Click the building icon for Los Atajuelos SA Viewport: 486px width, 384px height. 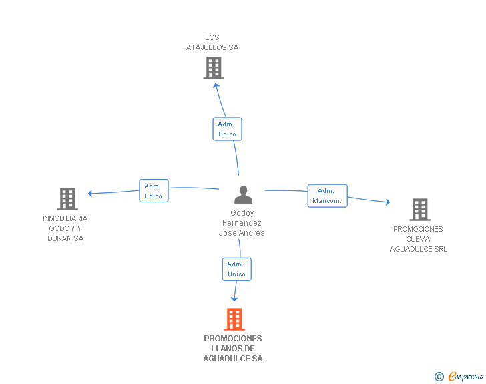click(214, 68)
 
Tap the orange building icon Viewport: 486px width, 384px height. click(234, 319)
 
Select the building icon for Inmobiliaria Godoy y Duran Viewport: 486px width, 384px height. click(67, 199)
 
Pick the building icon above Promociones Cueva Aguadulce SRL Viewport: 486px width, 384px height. click(420, 210)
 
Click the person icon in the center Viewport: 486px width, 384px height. click(243, 194)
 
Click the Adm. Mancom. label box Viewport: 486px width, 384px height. click(327, 196)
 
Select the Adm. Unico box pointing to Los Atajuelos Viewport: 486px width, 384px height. click(227, 129)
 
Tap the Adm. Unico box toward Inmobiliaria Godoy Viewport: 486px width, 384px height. click(154, 191)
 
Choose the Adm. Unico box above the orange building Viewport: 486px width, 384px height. click(237, 269)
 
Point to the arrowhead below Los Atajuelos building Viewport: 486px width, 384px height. click(216, 85)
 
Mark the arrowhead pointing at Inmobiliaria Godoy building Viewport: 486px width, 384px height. click(90, 194)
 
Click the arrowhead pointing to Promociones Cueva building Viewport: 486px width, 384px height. click(388, 202)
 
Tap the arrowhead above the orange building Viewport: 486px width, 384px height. click(234, 299)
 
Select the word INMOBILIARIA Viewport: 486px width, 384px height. click(65, 218)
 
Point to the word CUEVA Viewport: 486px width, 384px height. click(418, 239)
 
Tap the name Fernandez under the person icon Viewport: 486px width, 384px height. click(242, 222)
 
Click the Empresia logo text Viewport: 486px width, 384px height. click(466, 377)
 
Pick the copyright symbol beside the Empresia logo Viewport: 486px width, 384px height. click(439, 377)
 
